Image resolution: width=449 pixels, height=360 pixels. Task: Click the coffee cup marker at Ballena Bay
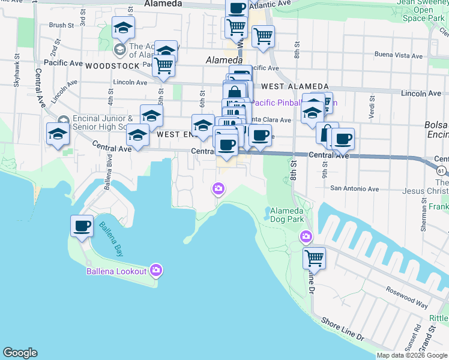point(82,226)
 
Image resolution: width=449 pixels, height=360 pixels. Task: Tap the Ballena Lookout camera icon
point(157,271)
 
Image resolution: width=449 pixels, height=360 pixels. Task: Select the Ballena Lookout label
point(116,271)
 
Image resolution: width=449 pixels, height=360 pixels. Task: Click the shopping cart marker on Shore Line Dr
point(314,259)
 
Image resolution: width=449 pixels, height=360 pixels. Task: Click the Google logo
point(20,353)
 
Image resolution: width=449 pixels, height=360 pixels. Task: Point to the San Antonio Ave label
point(355,188)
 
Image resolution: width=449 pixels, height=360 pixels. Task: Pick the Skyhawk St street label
point(16,74)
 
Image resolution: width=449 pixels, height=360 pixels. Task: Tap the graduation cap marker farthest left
point(58,134)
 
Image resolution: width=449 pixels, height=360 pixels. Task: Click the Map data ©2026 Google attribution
point(412,355)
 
